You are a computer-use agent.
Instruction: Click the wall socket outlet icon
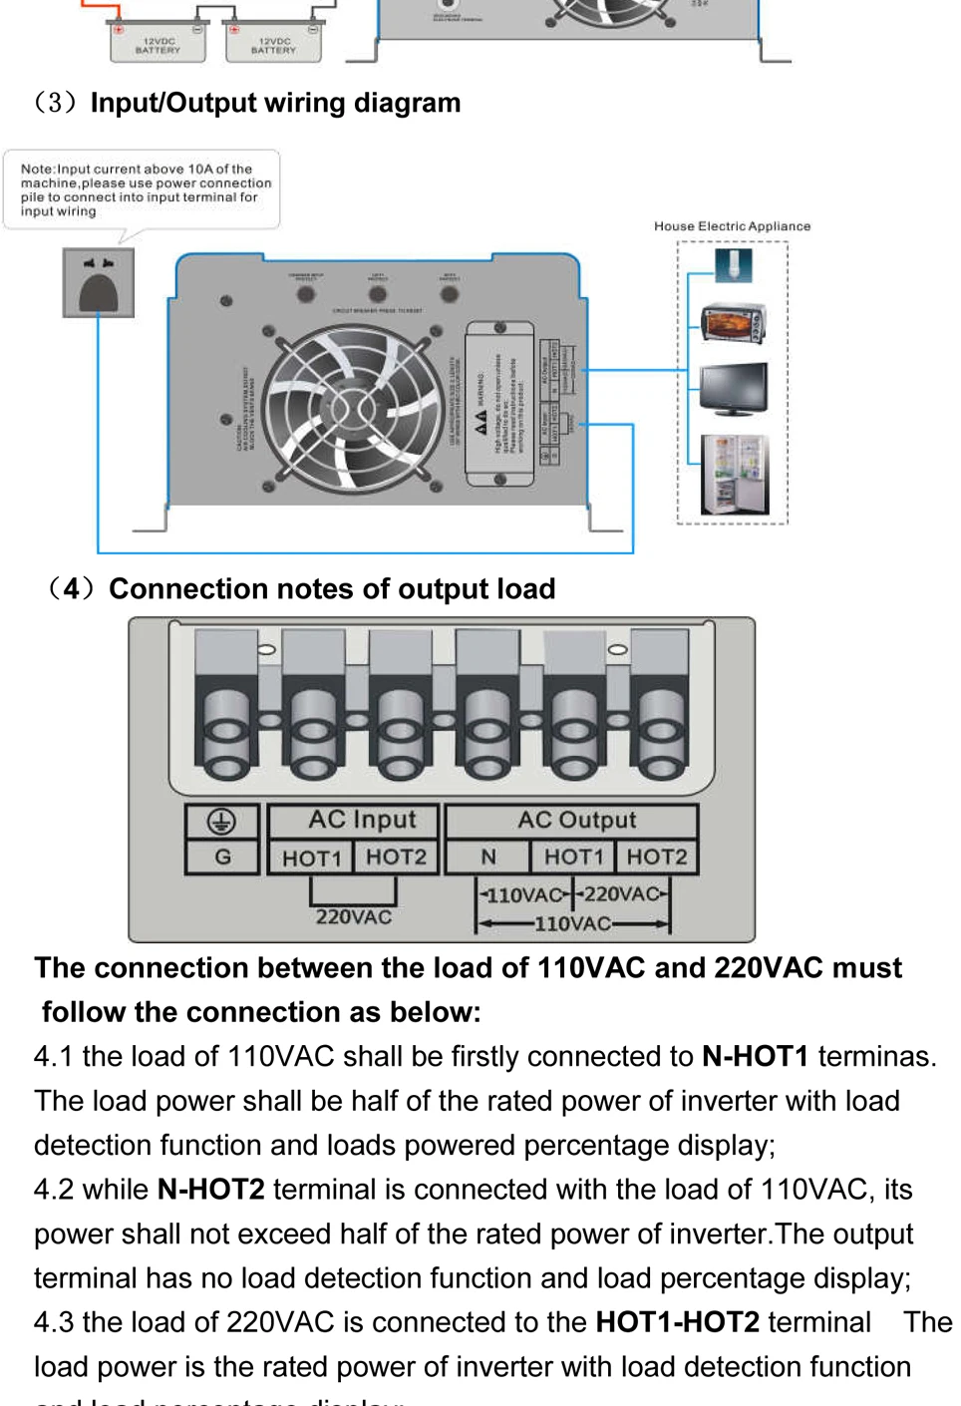(98, 283)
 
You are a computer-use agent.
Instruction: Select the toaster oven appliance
(733, 323)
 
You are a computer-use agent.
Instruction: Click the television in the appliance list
(733, 389)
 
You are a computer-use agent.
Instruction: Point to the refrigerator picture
(734, 475)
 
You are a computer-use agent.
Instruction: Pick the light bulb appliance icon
(733, 264)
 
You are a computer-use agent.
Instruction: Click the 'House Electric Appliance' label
(732, 226)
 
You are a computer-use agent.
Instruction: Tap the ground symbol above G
(221, 821)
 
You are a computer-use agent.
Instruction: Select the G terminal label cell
(222, 857)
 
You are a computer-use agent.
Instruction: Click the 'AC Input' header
(362, 820)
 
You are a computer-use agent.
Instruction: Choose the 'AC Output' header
(576, 820)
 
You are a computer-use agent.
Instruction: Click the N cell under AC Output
(488, 857)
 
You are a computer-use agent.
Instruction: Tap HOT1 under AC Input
(311, 858)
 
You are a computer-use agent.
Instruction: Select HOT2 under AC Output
(656, 857)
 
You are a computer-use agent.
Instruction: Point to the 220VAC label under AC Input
(354, 916)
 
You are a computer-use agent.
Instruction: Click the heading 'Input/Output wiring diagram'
(275, 103)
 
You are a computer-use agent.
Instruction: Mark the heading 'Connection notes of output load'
(332, 589)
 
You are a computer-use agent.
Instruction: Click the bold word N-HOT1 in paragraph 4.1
(755, 1056)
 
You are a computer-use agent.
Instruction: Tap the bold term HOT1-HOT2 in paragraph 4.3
(677, 1322)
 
